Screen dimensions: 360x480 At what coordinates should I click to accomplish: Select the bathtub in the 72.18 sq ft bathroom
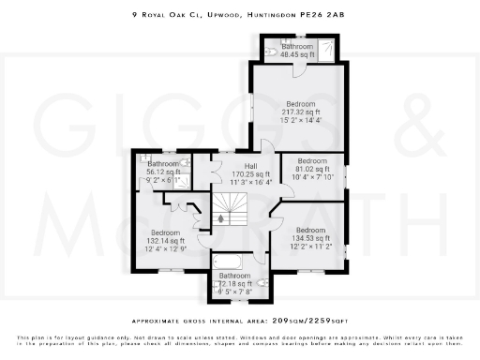(x=231, y=262)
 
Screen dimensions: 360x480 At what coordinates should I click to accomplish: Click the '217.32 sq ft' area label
(x=301, y=112)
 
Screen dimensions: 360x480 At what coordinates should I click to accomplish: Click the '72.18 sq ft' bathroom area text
(x=235, y=283)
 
